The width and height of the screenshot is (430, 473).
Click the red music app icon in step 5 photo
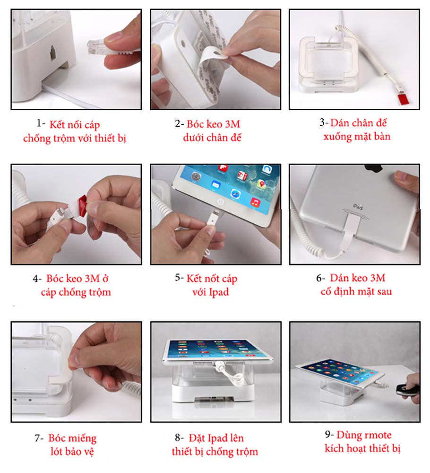coord(255,203)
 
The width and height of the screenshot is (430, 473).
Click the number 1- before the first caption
coord(41,123)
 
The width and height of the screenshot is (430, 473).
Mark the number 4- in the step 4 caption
coord(37,279)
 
